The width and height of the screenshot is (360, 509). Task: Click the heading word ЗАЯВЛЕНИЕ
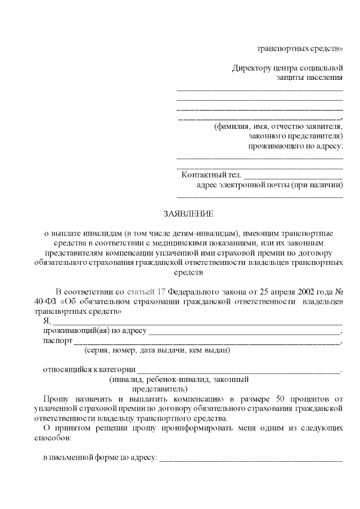188,214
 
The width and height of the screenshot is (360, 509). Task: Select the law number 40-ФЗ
47,301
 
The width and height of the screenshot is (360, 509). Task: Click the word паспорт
57,340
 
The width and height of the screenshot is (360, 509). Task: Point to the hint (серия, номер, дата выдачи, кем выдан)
157,350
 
